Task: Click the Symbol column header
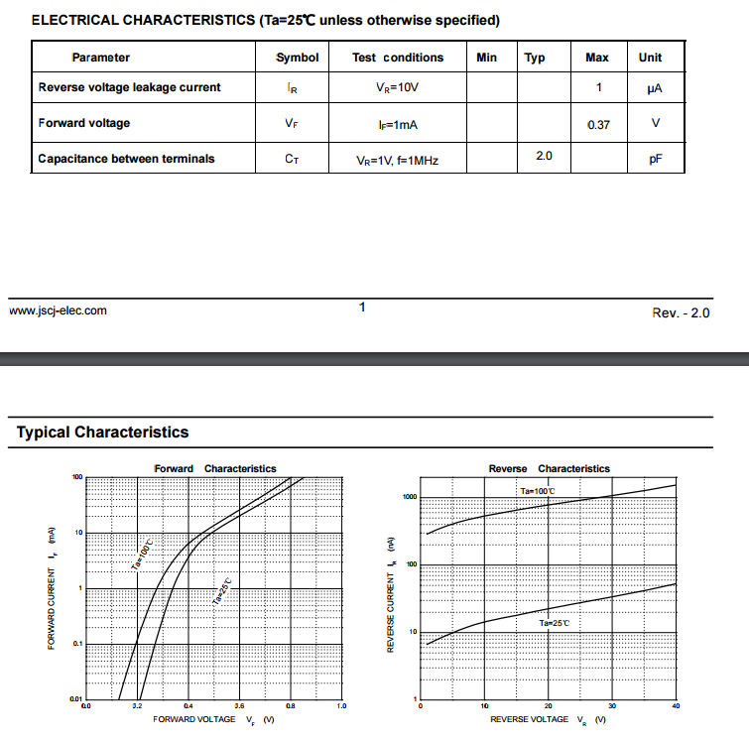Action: [x=297, y=58]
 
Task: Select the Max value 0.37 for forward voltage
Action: [x=598, y=125]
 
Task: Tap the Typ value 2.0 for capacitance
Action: [x=544, y=156]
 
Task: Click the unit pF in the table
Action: [x=656, y=159]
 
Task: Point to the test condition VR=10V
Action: [x=398, y=88]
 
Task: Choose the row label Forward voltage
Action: [x=84, y=123]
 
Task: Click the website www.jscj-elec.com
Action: [x=58, y=310]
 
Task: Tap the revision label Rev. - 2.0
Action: [x=681, y=312]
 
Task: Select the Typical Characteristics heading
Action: [x=102, y=433]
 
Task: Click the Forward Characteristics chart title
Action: [x=215, y=468]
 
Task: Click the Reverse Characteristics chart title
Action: [x=550, y=468]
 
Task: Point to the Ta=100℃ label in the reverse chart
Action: [x=538, y=491]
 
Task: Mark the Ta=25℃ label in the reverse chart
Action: [x=555, y=623]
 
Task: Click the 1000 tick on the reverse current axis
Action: [x=410, y=497]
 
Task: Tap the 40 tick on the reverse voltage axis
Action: [x=676, y=706]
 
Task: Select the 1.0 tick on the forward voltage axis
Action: [x=341, y=706]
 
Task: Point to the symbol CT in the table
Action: [x=292, y=159]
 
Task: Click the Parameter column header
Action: [x=100, y=58]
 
